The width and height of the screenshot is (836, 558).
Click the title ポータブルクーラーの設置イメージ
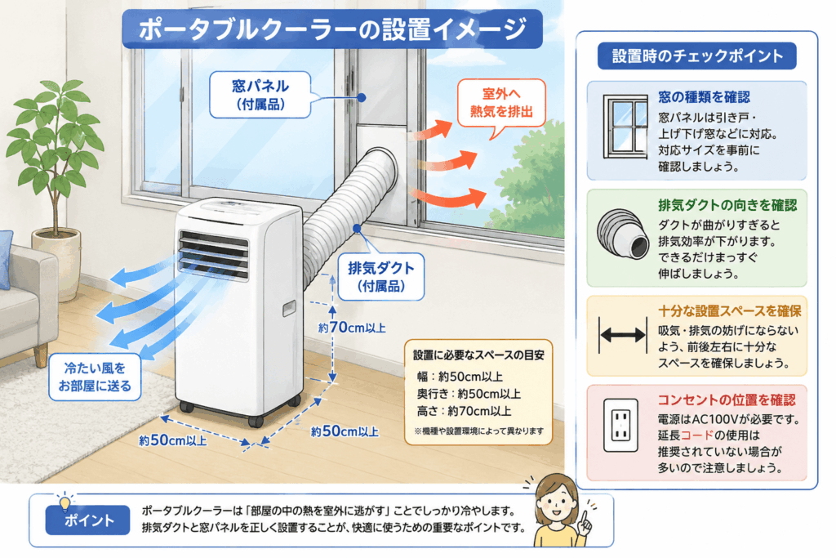[x=332, y=29]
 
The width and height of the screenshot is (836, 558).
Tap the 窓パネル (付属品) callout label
[x=260, y=95]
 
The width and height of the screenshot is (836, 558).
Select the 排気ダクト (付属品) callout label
[x=380, y=276]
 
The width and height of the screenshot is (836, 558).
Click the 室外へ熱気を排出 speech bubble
[x=501, y=103]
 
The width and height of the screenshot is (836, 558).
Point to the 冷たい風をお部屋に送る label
[x=95, y=377]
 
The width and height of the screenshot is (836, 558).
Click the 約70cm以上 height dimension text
[x=352, y=328]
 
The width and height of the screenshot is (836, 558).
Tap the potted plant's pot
[x=56, y=254]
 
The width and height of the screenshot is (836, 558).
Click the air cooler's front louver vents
[x=213, y=254]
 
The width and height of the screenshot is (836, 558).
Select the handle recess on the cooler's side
[x=289, y=308]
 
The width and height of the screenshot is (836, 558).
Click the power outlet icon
[x=620, y=425]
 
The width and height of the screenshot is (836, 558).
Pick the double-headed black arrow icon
[x=622, y=335]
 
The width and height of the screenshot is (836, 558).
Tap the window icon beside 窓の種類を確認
[x=625, y=127]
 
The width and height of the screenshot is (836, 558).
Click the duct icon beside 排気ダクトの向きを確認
[x=623, y=234]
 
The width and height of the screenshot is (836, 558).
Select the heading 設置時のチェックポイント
[x=697, y=56]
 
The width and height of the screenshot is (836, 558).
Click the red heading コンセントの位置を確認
[x=726, y=400]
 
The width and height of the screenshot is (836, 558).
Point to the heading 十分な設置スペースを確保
[x=729, y=310]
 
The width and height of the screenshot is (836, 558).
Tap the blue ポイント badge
[x=88, y=520]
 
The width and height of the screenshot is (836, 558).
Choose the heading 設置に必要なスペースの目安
[x=478, y=355]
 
